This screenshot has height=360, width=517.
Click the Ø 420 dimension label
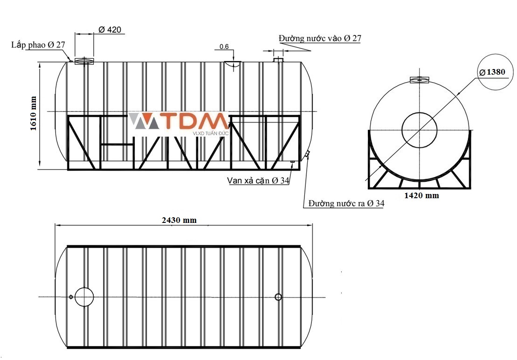(110, 30)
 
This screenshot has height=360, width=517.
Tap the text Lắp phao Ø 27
(38, 45)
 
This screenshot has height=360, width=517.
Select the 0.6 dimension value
(224, 47)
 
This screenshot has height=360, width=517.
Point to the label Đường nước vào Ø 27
(320, 38)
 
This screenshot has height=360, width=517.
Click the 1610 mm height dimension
(33, 113)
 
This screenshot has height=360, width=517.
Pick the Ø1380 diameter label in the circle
(492, 72)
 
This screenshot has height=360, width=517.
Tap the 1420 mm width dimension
(422, 195)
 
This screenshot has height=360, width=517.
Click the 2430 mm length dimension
(179, 220)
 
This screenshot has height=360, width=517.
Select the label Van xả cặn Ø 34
(258, 180)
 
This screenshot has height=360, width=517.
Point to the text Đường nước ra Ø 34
(346, 203)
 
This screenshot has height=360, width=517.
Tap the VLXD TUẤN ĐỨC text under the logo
(210, 133)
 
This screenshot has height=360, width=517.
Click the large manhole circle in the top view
(84, 297)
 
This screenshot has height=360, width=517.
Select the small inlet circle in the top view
(278, 297)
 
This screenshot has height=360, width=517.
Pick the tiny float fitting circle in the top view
(71, 297)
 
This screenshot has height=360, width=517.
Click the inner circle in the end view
(420, 130)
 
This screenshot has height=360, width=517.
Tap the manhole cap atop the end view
(420, 80)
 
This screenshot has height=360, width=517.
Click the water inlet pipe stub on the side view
(279, 59)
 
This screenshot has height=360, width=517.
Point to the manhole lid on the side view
(84, 61)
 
